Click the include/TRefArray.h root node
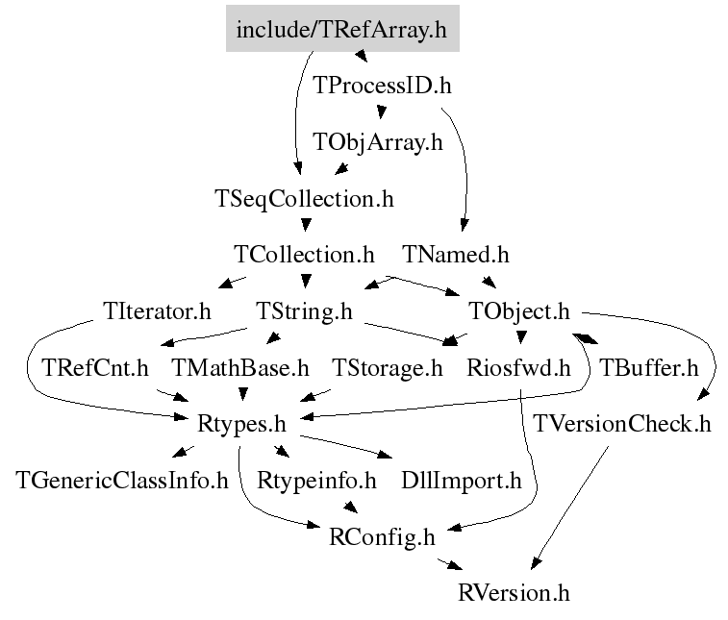point(342,28)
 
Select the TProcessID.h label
point(382,86)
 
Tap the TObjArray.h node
point(378,142)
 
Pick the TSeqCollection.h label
point(304,199)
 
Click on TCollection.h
point(304,255)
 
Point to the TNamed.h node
point(456,255)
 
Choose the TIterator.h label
point(157,310)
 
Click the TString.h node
point(304,311)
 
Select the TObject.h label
point(518,311)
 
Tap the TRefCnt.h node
point(95,368)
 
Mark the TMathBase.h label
point(240,368)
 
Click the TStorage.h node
point(388,368)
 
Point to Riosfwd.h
point(518,368)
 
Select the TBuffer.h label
point(649,368)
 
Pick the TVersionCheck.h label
point(621,424)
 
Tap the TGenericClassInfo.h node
point(122,481)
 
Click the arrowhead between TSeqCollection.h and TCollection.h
point(306,225)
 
